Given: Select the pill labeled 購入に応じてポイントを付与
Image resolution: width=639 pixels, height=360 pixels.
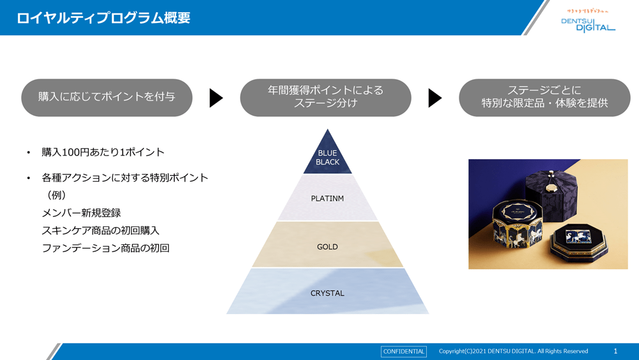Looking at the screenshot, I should [107, 97].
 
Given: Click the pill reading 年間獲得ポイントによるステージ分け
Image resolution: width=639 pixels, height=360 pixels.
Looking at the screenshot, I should [325, 97].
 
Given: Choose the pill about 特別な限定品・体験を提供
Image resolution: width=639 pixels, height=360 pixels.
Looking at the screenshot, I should [544, 97].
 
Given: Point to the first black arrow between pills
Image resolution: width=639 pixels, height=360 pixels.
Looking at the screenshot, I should [216, 98].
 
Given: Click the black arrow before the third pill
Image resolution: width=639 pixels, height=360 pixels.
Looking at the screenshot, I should [435, 98].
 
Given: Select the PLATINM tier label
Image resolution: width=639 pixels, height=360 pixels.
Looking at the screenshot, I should [327, 198].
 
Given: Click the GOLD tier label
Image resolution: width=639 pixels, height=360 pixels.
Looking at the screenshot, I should [327, 246].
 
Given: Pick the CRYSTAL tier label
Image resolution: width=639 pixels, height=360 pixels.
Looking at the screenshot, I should [327, 293].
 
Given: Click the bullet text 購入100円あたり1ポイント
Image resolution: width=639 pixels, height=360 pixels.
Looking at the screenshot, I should [103, 152].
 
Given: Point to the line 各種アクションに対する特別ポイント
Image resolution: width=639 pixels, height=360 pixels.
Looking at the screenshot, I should [125, 178].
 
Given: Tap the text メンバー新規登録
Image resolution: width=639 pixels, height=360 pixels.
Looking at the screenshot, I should [81, 213].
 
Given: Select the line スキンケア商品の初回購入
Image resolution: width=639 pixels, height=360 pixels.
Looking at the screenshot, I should [100, 230].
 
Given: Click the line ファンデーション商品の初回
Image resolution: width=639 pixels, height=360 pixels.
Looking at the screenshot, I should [105, 248].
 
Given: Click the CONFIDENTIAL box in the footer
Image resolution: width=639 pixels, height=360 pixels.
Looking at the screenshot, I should [403, 351].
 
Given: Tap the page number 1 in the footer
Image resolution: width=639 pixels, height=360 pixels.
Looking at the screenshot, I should [615, 351].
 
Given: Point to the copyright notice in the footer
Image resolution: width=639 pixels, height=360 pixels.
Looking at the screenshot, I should [513, 351].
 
